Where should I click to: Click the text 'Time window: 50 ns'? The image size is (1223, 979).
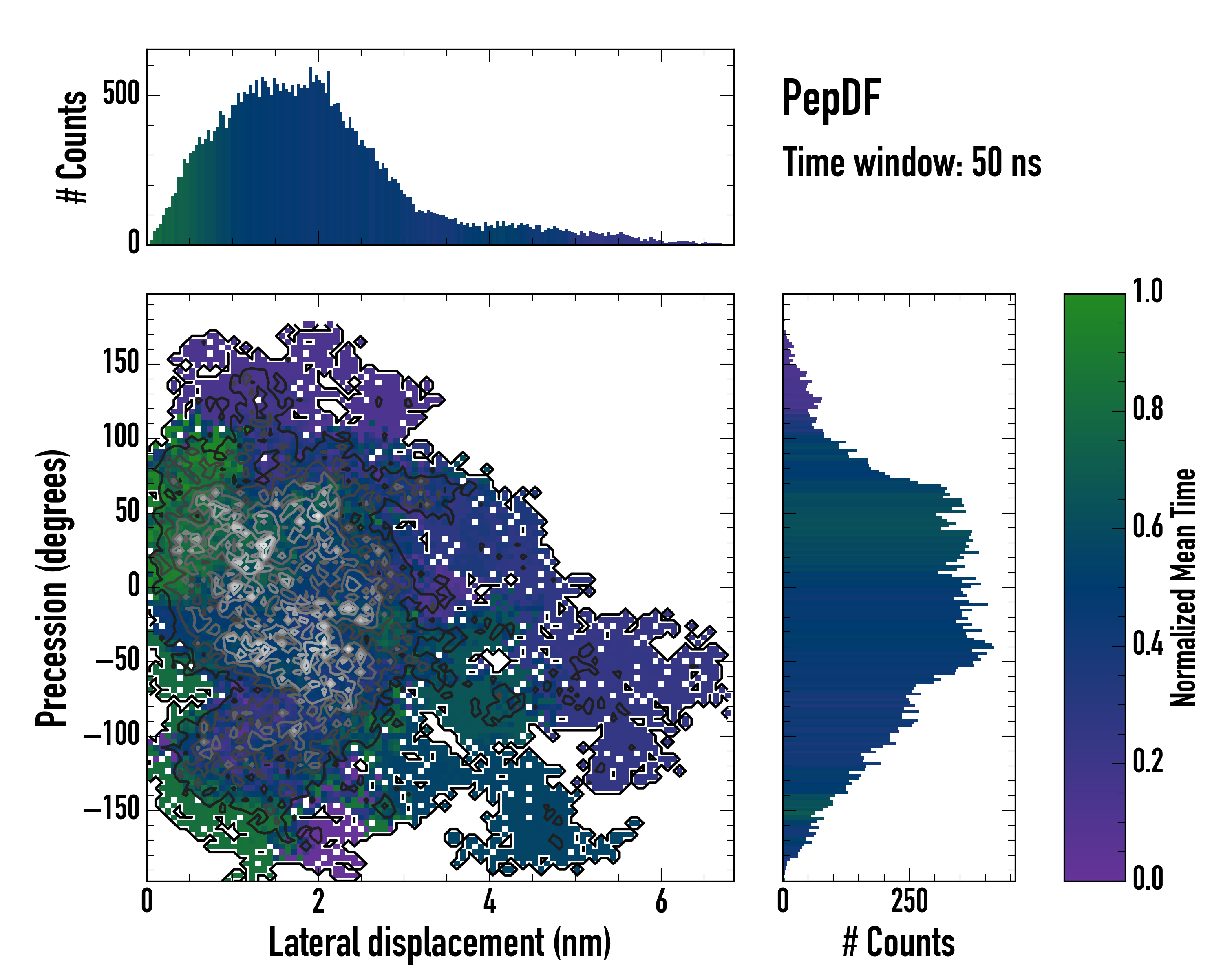912,162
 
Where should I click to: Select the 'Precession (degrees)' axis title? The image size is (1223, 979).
52,587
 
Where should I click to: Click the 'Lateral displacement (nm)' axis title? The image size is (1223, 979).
439,942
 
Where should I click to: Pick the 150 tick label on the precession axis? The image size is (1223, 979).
121,363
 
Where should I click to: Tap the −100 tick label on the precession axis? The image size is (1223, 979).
111,735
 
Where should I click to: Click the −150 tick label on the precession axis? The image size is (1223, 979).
111,809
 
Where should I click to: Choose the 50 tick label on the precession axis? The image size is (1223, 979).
127,512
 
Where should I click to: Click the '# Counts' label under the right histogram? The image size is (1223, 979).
898,942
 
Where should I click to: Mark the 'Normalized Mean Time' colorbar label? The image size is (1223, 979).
1183,587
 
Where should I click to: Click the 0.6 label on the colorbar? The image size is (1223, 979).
1148,527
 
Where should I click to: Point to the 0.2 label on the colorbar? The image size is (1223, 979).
1148,762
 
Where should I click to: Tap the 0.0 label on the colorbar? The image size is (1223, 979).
1148,879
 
